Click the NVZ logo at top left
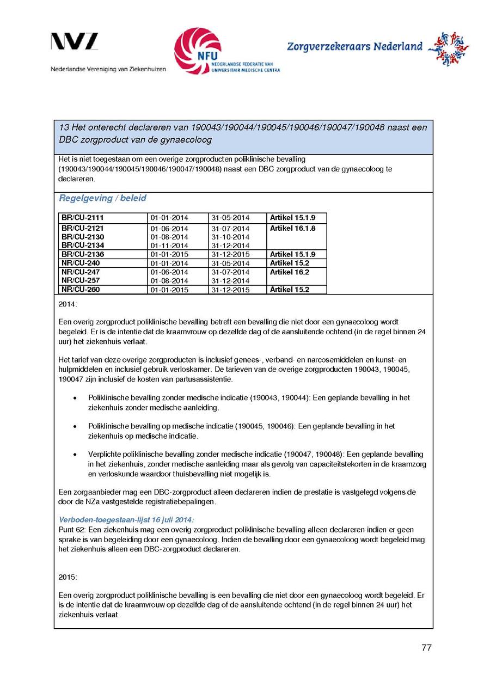pos(75,42)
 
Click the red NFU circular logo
pos(197,51)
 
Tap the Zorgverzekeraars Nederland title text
pos(354,47)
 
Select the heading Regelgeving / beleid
pos(102,198)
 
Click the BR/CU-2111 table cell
pos(82,218)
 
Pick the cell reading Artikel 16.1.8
pos(292,229)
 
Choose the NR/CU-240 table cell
pos(80,263)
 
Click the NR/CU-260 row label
pos(80,290)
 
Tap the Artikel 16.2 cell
pos(290,272)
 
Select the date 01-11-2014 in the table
pos(169,246)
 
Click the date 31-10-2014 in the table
pos(230,237)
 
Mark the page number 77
pos(426,647)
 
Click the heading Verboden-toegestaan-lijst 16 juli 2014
pos(126,520)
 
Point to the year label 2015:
pos(68,577)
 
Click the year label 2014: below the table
pos(68,304)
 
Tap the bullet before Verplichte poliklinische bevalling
pos(75,454)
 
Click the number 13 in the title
pos(63,128)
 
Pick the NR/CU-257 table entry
pos(80,280)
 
